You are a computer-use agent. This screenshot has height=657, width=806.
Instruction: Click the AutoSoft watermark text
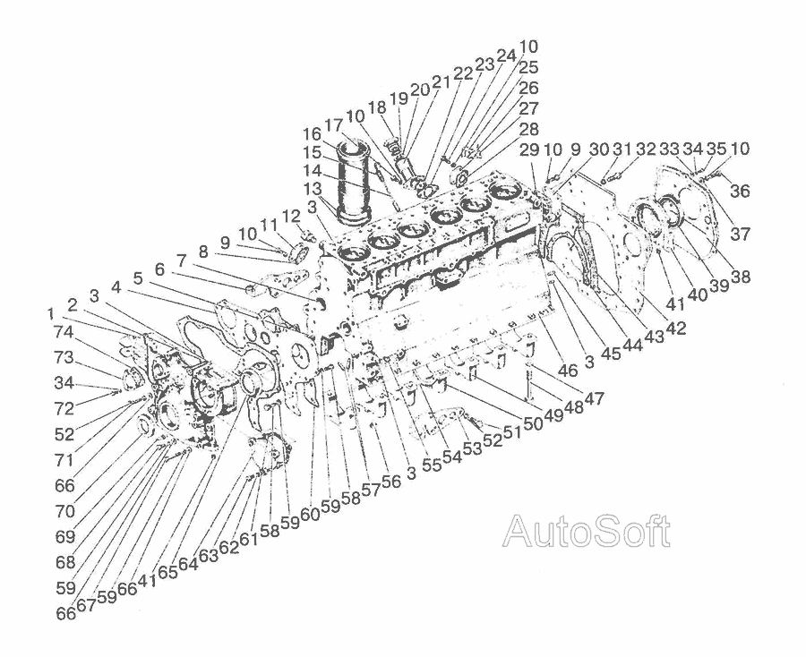point(587,532)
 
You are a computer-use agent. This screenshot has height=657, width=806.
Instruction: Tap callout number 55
point(433,465)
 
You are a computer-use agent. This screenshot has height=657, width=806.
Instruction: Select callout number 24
point(506,55)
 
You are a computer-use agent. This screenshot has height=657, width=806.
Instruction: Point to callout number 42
point(675,328)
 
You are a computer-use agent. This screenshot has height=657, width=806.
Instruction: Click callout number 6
point(159,269)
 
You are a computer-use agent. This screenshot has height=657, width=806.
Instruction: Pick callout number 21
point(441,81)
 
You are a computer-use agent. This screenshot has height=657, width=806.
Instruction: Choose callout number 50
point(534,423)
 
